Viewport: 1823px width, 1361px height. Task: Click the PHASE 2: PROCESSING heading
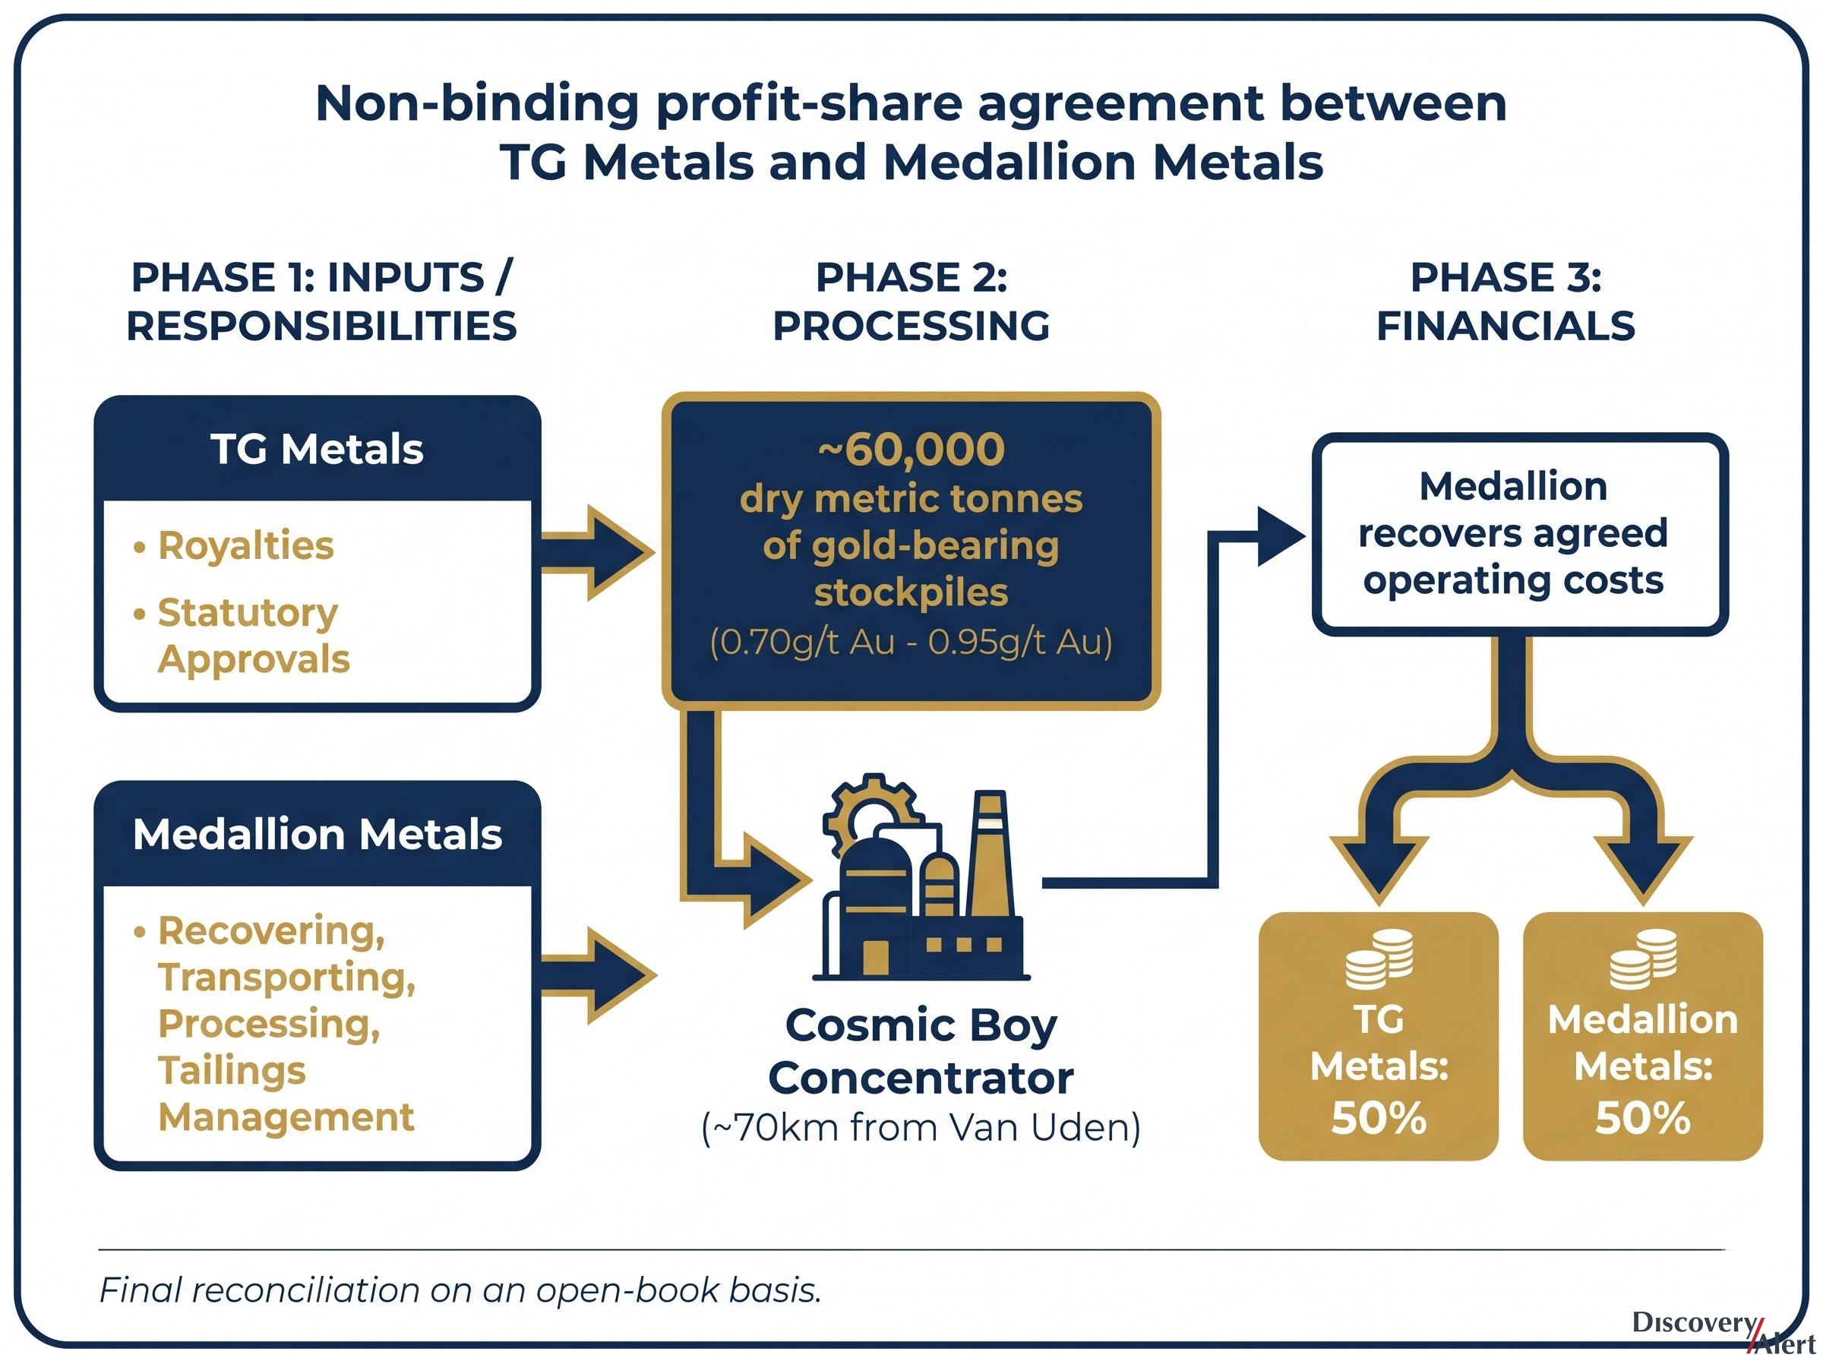click(911, 301)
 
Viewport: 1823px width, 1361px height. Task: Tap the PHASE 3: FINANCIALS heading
click(1505, 301)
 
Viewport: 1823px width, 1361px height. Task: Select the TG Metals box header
click(318, 449)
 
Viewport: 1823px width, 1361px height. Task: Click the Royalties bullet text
click(245, 545)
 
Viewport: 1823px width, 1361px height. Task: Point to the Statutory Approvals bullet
click(247, 635)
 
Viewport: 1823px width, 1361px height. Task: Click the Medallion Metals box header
click(318, 834)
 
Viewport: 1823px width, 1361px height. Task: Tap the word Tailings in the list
click(232, 1070)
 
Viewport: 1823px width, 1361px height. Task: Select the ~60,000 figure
click(911, 449)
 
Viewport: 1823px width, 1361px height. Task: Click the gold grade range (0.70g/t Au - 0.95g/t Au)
click(911, 641)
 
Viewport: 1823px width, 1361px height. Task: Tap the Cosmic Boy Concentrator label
click(921, 1051)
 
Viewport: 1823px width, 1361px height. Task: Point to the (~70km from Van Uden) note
click(921, 1127)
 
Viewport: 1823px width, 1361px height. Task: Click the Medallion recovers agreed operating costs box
click(1520, 534)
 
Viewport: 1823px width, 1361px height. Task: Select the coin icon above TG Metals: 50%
click(1379, 959)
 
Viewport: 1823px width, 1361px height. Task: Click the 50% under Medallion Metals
click(1642, 1118)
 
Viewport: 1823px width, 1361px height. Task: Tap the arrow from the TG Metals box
click(597, 553)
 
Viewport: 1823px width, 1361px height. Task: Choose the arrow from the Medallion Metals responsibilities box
click(597, 975)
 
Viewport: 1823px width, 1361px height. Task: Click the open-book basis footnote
click(460, 1290)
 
